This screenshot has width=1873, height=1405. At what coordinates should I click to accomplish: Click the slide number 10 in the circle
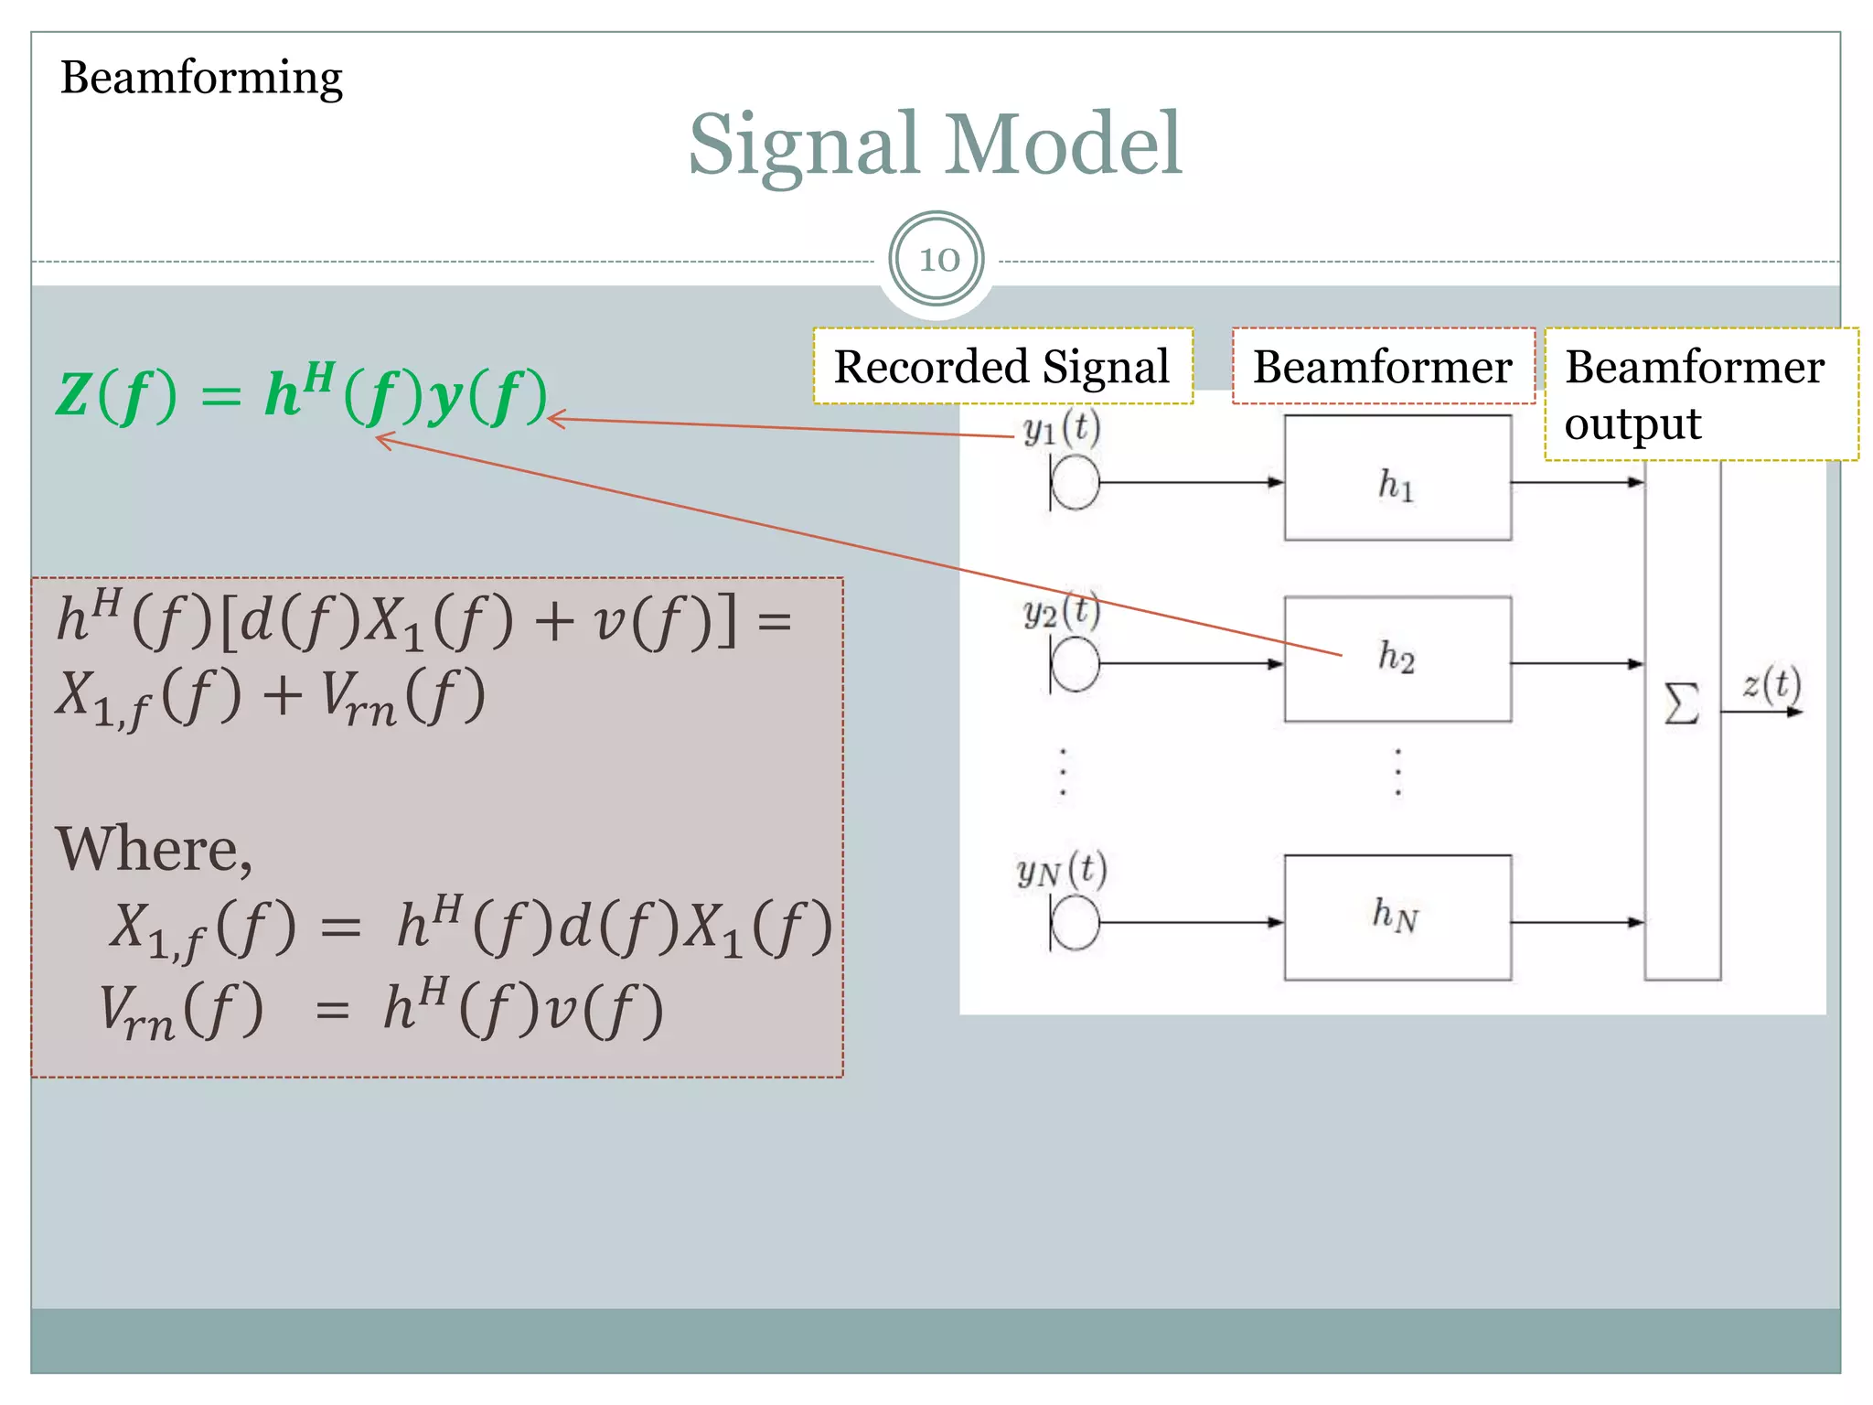pyautogui.click(x=937, y=260)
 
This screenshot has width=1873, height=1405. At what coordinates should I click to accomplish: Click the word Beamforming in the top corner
pyautogui.click(x=201, y=78)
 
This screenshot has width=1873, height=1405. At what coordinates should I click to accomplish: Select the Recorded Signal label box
pyautogui.click(x=1002, y=367)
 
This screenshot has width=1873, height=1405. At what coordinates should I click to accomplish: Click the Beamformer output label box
pyautogui.click(x=1700, y=394)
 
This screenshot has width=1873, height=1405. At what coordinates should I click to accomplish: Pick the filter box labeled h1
pyautogui.click(x=1397, y=478)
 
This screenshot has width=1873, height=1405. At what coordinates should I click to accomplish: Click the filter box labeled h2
pyautogui.click(x=1397, y=659)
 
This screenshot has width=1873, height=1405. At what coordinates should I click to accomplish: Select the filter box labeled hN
pyautogui.click(x=1397, y=917)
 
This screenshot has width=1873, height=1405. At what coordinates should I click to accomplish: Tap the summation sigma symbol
pyautogui.click(x=1682, y=704)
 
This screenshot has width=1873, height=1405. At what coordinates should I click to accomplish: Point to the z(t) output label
pyautogui.click(x=1771, y=684)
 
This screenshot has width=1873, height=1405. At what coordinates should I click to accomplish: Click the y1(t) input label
pyautogui.click(x=1061, y=428)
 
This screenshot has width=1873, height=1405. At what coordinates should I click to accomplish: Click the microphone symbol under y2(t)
pyautogui.click(x=1074, y=664)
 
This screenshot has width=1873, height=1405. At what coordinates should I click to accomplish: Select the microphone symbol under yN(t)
pyautogui.click(x=1074, y=923)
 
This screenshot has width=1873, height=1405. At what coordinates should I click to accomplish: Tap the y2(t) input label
pyautogui.click(x=1061, y=611)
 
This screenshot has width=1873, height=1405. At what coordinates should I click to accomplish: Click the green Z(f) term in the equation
pyautogui.click(x=115, y=396)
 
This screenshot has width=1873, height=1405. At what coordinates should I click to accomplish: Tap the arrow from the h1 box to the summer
pyautogui.click(x=1577, y=482)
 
